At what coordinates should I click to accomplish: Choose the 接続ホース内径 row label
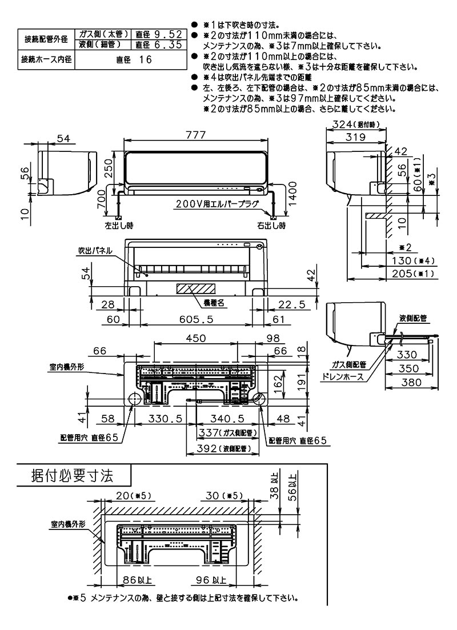[x=45, y=59]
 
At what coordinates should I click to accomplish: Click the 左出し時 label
[x=119, y=226]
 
